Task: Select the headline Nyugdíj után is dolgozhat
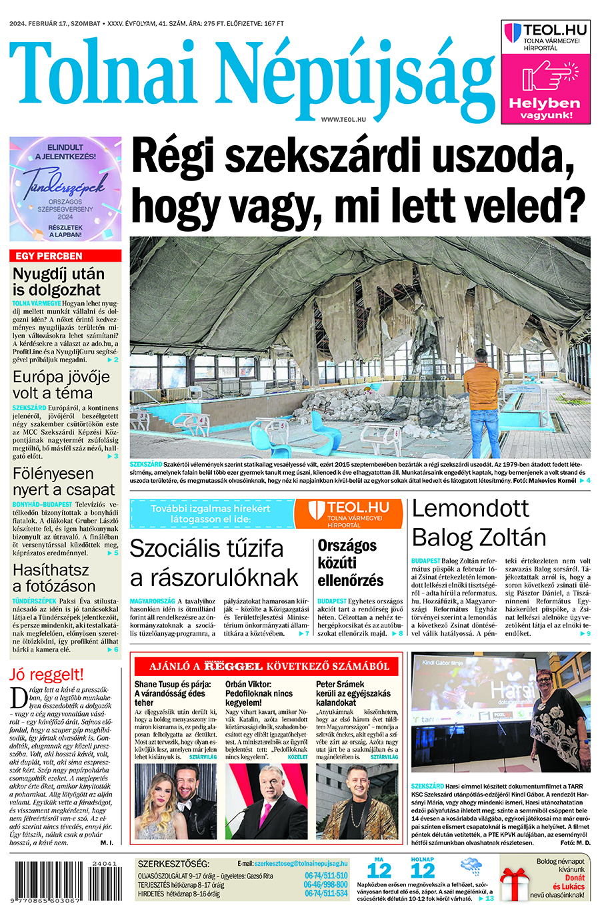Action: pos(59,282)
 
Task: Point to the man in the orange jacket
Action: pos(481,393)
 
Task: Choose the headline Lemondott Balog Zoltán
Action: pos(479,523)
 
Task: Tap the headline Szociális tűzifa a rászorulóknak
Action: pos(213,563)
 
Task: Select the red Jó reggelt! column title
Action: pos(47,674)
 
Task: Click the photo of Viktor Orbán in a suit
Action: pos(266,802)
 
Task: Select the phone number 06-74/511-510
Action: pos(326,876)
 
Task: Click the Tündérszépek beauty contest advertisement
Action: pos(65,188)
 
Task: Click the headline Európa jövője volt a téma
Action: pos(61,384)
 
